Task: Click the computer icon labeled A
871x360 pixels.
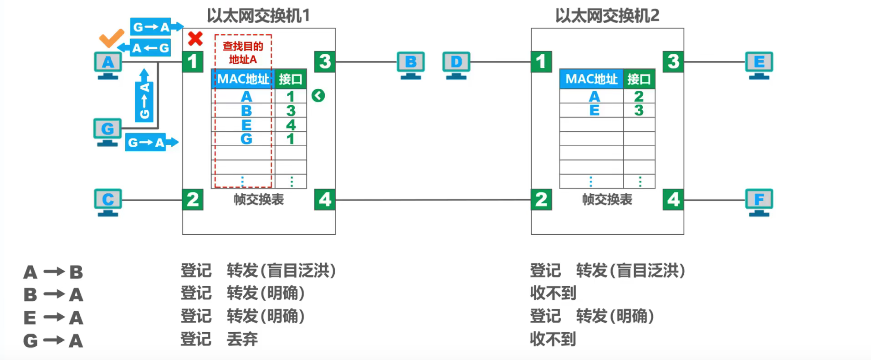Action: (x=108, y=65)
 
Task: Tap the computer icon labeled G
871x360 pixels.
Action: (x=108, y=132)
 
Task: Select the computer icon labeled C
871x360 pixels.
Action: (x=108, y=202)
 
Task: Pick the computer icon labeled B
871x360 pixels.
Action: (x=410, y=65)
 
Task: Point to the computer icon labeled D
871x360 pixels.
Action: (x=456, y=65)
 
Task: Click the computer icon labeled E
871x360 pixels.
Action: (x=759, y=65)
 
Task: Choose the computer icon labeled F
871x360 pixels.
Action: (x=759, y=202)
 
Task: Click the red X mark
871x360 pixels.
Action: (x=195, y=39)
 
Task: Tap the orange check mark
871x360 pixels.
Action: (x=112, y=38)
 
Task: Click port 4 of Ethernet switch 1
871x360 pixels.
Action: (x=325, y=200)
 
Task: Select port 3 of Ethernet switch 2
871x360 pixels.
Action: (x=673, y=62)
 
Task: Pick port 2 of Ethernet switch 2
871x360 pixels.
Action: (x=541, y=200)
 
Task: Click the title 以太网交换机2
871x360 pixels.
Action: (x=607, y=15)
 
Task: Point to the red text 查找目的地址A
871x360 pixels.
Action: (x=243, y=52)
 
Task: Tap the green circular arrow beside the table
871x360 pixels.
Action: (x=318, y=96)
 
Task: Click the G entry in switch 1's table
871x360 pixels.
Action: (x=246, y=139)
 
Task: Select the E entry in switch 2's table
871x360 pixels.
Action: (x=594, y=110)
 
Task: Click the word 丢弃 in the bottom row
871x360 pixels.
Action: (x=242, y=339)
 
